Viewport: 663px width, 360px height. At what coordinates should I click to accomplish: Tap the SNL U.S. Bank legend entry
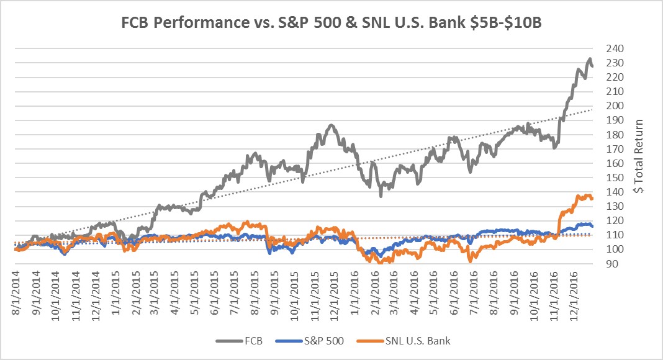(x=406, y=341)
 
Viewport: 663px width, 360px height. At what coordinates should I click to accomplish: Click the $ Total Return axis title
(x=639, y=156)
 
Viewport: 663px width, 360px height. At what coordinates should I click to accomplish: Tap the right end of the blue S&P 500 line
(x=592, y=226)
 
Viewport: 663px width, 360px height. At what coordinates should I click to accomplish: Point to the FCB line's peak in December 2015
(x=331, y=125)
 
